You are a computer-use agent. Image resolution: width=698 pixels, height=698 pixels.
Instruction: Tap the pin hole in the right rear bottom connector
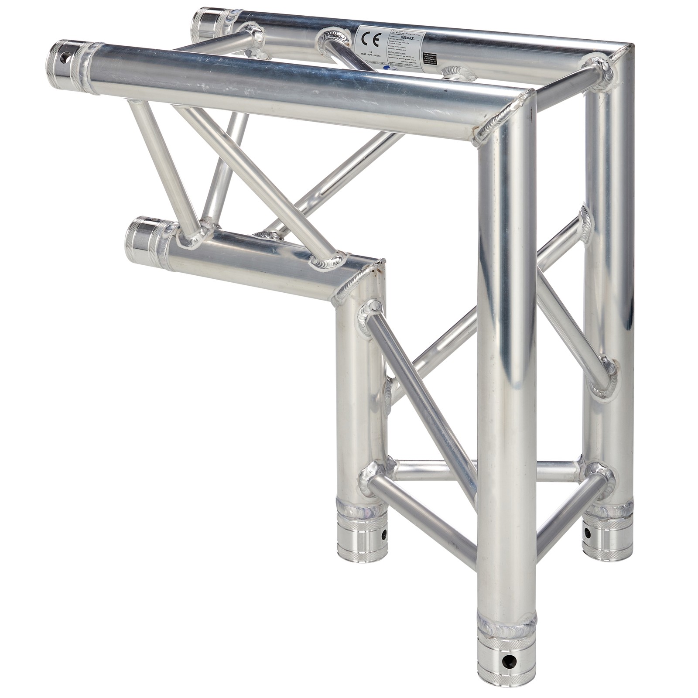point(587,533)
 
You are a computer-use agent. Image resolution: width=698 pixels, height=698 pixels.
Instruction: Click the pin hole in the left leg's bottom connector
point(383,534)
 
